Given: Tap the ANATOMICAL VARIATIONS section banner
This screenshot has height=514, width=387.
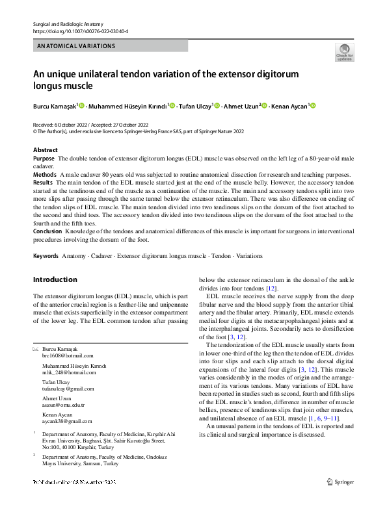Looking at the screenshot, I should pos(77,46).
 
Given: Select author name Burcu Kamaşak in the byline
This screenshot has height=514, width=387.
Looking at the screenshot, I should pos(55,105).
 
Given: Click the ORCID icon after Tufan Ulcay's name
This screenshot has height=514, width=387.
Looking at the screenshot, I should pos(217,105).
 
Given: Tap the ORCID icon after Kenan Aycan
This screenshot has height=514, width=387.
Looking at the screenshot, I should pos(312,105).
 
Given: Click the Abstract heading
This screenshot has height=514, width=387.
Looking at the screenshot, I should pos(46,149).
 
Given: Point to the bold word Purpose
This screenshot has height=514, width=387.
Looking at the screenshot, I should pos(44,159).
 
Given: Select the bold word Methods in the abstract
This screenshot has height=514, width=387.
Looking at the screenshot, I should pos(45,175).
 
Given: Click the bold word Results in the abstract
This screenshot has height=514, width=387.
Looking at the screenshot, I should pos(44,184).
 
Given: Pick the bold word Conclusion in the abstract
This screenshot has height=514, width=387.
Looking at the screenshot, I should pos(47,231).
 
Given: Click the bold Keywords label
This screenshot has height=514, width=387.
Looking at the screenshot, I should pos(46,257).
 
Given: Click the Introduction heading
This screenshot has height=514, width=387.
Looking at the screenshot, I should pos(55,280).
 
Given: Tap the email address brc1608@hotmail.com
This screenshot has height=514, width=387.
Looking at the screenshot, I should pos(68,355).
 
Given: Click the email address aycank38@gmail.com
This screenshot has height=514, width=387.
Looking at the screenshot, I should pos(67,421).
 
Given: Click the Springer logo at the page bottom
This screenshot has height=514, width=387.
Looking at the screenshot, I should pos(341,500).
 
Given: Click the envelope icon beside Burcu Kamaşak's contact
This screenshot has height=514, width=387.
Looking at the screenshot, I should pos(36,349).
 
